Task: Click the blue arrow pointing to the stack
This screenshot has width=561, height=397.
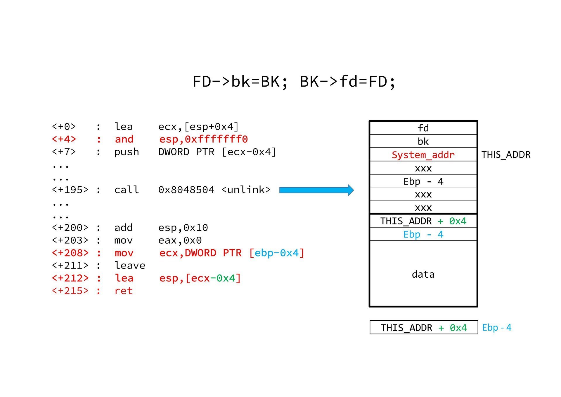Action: point(316,190)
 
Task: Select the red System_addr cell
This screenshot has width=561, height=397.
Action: point(423,155)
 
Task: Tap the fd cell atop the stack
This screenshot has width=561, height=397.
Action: point(423,128)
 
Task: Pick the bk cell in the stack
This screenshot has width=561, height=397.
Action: point(423,142)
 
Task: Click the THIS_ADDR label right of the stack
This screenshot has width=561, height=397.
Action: point(506,155)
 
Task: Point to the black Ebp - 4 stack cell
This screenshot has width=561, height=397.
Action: point(423,181)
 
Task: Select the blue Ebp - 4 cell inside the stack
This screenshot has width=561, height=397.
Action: point(423,234)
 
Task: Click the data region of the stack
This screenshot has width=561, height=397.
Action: point(423,274)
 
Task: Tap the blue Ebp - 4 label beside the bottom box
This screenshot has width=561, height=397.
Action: point(496,327)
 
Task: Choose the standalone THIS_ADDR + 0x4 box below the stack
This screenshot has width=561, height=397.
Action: point(424,328)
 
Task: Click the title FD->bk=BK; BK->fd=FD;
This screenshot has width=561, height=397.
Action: point(294,82)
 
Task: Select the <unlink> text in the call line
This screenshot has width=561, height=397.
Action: point(246,190)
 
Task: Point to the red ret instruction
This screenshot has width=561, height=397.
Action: point(124,291)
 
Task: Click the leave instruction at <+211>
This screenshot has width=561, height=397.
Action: point(130,265)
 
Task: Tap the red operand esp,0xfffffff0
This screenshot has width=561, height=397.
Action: point(203,139)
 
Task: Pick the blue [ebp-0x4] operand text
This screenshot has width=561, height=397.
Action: point(277,253)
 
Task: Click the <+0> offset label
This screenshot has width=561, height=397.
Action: point(64,127)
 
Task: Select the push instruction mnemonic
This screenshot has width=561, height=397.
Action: point(127,152)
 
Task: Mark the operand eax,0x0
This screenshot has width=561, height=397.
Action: point(180,240)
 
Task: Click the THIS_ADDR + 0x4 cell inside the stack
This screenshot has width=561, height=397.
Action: point(423,221)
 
